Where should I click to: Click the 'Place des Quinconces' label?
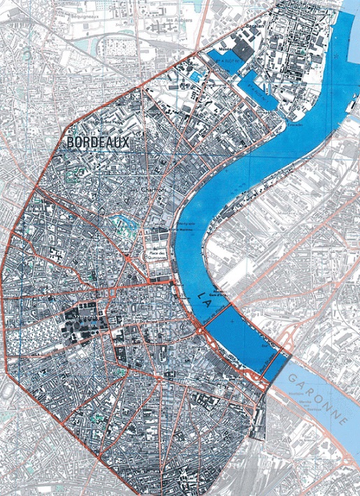pos(157,255)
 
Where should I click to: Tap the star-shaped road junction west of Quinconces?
pos(129,260)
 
